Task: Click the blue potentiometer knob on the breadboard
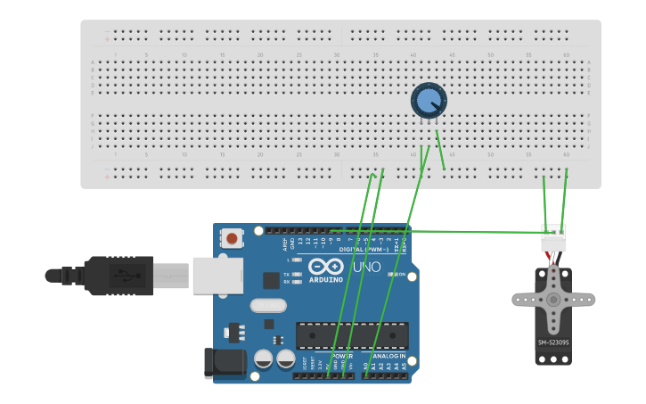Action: coord(429,101)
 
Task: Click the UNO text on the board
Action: coord(367,267)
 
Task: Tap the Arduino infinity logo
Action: coord(326,266)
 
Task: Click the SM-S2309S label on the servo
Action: coord(553,342)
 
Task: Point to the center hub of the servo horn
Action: coord(553,299)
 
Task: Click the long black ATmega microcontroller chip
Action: coord(352,335)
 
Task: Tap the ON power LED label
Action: coord(401,274)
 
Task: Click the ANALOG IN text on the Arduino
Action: coord(384,355)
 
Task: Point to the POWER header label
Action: coord(341,355)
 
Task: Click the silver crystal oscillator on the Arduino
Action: coord(268,306)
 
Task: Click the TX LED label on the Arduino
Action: coord(286,274)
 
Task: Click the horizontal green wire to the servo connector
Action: coord(463,232)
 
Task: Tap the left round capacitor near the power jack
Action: coord(264,359)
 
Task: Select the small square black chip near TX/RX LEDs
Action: coord(271,280)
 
